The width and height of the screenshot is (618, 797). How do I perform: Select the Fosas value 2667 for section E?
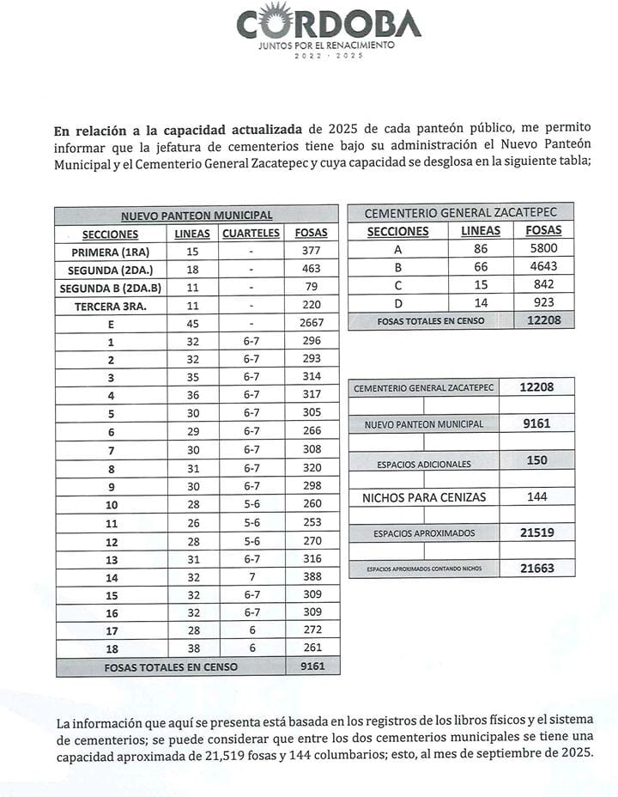(x=312, y=323)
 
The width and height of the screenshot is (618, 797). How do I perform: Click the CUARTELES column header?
(x=251, y=234)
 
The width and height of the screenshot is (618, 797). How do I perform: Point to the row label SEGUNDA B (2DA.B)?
(x=110, y=287)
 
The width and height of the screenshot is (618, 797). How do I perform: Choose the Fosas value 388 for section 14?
(x=312, y=576)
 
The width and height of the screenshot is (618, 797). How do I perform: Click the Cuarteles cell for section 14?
(x=251, y=576)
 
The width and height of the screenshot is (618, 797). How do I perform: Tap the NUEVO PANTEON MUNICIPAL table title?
(x=197, y=216)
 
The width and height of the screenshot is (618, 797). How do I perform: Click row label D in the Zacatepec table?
(x=397, y=302)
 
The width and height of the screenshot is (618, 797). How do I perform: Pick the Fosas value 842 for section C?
(x=543, y=284)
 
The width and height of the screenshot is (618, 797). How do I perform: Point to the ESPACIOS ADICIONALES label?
(x=423, y=464)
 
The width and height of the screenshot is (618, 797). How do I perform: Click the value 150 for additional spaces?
(x=536, y=460)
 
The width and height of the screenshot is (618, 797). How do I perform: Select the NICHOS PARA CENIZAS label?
(x=423, y=497)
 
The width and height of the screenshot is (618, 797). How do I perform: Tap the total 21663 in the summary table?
(x=536, y=568)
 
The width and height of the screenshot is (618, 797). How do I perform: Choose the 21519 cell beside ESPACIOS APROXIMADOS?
(x=536, y=532)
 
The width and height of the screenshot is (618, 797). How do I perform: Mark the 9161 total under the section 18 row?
(x=312, y=666)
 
